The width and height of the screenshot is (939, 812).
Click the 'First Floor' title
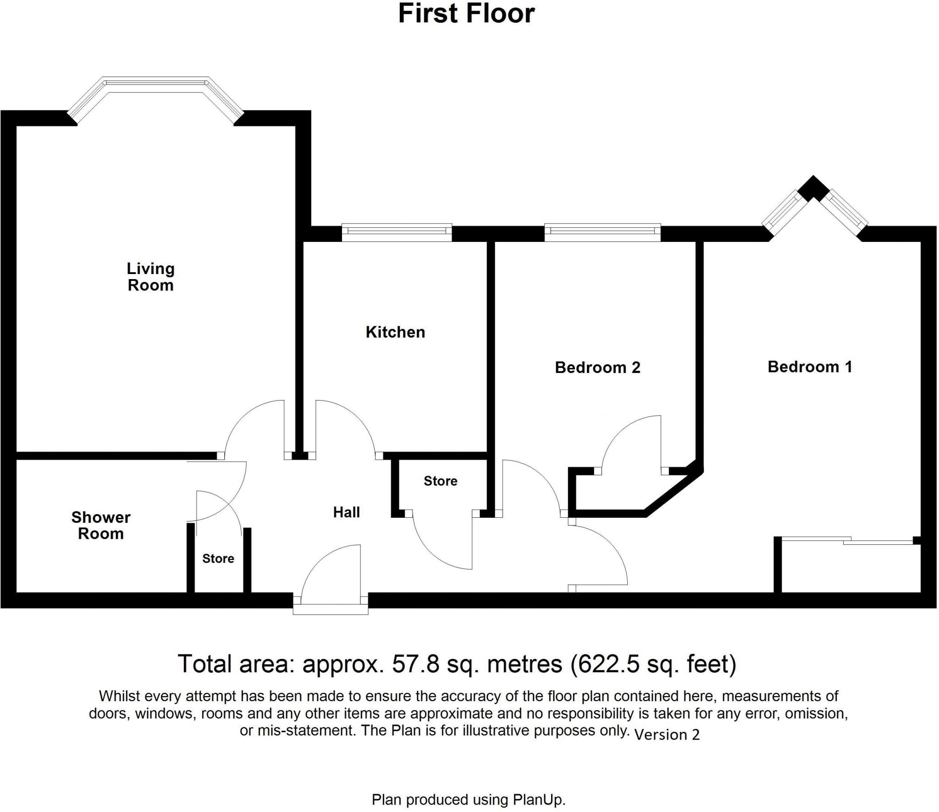tap(466, 14)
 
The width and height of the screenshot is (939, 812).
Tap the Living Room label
tap(150, 277)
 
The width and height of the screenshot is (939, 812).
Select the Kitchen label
tap(395, 332)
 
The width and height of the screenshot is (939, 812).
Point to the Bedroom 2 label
tap(597, 368)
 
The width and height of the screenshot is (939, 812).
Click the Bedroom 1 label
tap(810, 367)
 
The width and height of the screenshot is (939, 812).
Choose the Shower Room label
tap(101, 526)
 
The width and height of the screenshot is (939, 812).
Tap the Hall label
tap(346, 512)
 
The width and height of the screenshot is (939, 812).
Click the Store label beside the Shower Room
tap(218, 559)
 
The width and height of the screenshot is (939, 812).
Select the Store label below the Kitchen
tap(440, 481)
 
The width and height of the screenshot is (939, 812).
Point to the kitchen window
tap(397, 232)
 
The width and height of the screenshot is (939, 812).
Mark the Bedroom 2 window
tap(602, 232)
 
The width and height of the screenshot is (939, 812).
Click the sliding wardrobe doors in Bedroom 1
tap(848, 541)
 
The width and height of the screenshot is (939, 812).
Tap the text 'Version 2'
tap(667, 735)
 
